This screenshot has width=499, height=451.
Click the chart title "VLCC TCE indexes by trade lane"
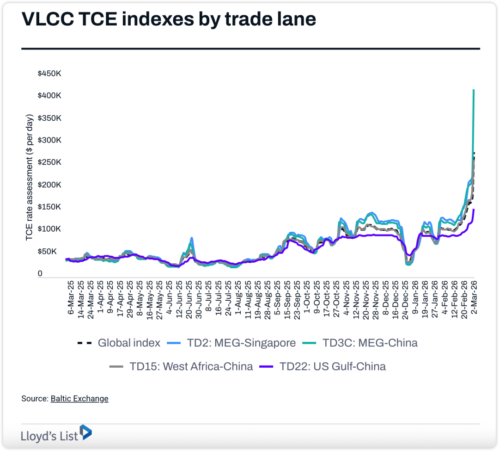169,19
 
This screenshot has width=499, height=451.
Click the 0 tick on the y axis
40,273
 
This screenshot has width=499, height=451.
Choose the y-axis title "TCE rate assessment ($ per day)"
30,177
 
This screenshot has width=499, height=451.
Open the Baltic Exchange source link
79,399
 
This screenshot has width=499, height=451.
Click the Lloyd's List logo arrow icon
86,432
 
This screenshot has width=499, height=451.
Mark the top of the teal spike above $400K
474,90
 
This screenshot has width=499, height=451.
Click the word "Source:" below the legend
35,399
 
